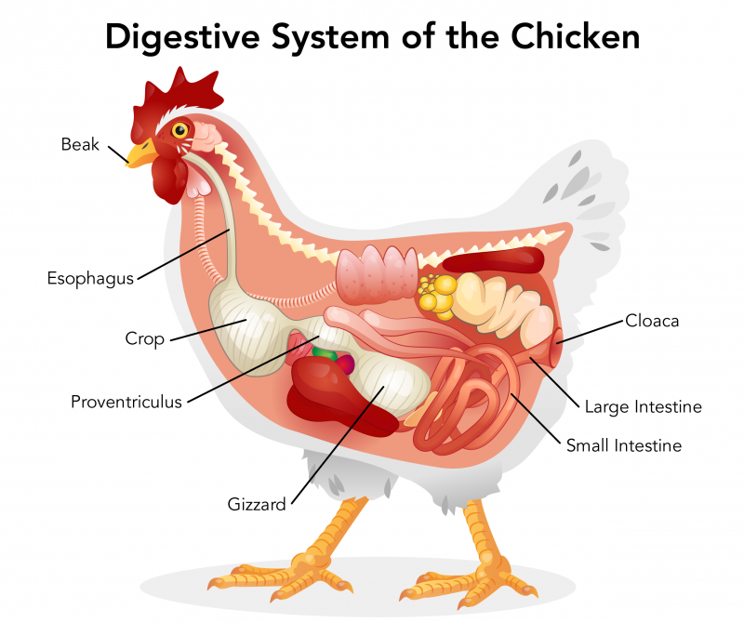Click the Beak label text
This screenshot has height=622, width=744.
click(x=80, y=144)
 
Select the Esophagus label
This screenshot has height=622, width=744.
click(x=90, y=277)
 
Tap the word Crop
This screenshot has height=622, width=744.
click(x=144, y=339)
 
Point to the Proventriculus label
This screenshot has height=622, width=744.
click(x=126, y=402)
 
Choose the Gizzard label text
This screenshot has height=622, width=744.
click(x=257, y=504)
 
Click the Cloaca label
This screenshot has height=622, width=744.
click(x=652, y=321)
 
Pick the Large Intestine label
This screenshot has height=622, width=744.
click(x=643, y=406)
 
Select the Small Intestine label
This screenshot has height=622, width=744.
click(x=624, y=445)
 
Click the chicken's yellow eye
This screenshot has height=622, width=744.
click(x=179, y=129)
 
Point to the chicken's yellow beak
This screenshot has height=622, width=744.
click(x=142, y=153)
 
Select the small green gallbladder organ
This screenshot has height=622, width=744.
click(x=325, y=353)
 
